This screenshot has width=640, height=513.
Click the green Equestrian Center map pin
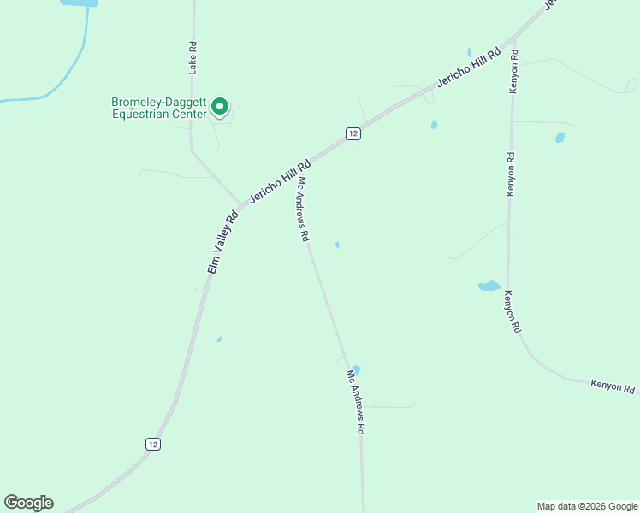219,107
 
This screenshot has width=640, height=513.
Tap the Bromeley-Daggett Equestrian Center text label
159,108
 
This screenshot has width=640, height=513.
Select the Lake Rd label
193,58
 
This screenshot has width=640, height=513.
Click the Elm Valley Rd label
222,242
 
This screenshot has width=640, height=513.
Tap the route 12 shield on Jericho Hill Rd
353,133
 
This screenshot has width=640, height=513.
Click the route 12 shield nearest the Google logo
152,444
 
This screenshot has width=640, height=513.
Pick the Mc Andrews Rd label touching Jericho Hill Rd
303,209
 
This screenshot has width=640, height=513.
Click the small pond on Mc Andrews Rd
357,369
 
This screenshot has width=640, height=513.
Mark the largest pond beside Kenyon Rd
489,286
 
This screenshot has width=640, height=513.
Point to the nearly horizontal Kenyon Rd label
614,386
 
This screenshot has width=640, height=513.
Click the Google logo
29,503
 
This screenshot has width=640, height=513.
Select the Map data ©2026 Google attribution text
588,506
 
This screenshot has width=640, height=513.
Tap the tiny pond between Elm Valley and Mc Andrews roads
219,339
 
